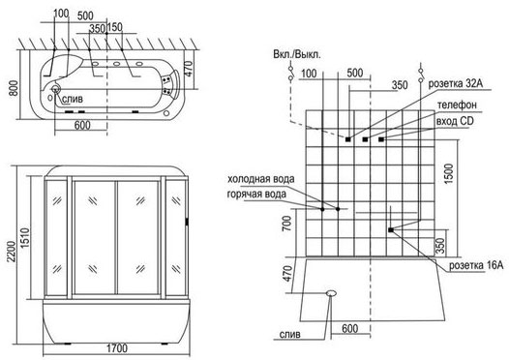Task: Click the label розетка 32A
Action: tap(456, 83)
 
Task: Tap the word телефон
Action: tap(457, 105)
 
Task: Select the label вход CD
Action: tap(455, 121)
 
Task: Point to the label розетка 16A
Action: tap(476, 265)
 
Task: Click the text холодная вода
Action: tap(261, 179)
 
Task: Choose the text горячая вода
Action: tap(256, 195)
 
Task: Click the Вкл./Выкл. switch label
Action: tap(297, 54)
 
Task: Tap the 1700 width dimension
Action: tap(117, 348)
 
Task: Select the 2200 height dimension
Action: tap(13, 252)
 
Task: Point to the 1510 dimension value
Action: tap(25, 238)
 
